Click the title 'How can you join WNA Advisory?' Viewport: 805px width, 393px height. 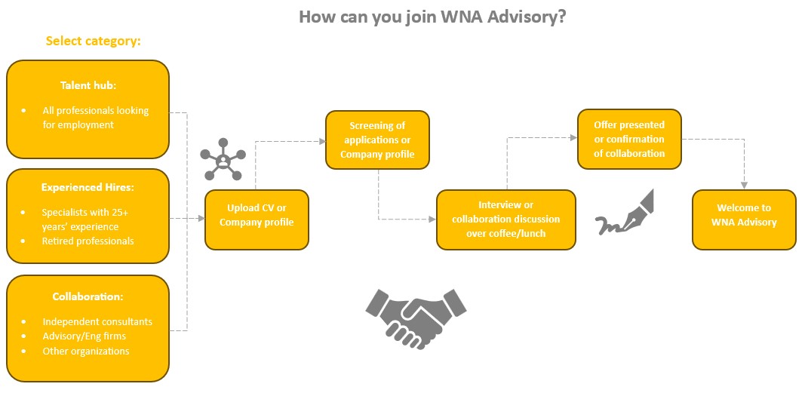[432, 17]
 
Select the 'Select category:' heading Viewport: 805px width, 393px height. [93, 41]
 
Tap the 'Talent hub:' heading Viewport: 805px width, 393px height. [88, 85]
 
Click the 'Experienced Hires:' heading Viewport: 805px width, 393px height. [88, 187]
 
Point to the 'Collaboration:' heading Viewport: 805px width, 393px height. [88, 296]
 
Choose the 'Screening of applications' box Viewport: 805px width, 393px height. [377, 140]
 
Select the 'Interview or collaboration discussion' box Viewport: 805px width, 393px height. [505, 219]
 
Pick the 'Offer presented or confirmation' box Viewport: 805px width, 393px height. [629, 139]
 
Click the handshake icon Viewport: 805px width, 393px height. [416, 312]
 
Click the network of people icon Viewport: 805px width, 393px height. [223, 160]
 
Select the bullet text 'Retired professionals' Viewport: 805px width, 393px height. [88, 241]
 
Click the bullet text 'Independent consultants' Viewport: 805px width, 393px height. [97, 321]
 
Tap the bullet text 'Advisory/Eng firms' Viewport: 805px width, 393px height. [84, 336]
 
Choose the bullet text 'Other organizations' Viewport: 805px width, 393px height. [86, 351]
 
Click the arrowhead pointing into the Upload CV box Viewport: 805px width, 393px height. [201, 219]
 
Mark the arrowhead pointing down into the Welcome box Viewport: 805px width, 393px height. [745, 185]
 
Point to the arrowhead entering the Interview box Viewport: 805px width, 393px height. [432, 220]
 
